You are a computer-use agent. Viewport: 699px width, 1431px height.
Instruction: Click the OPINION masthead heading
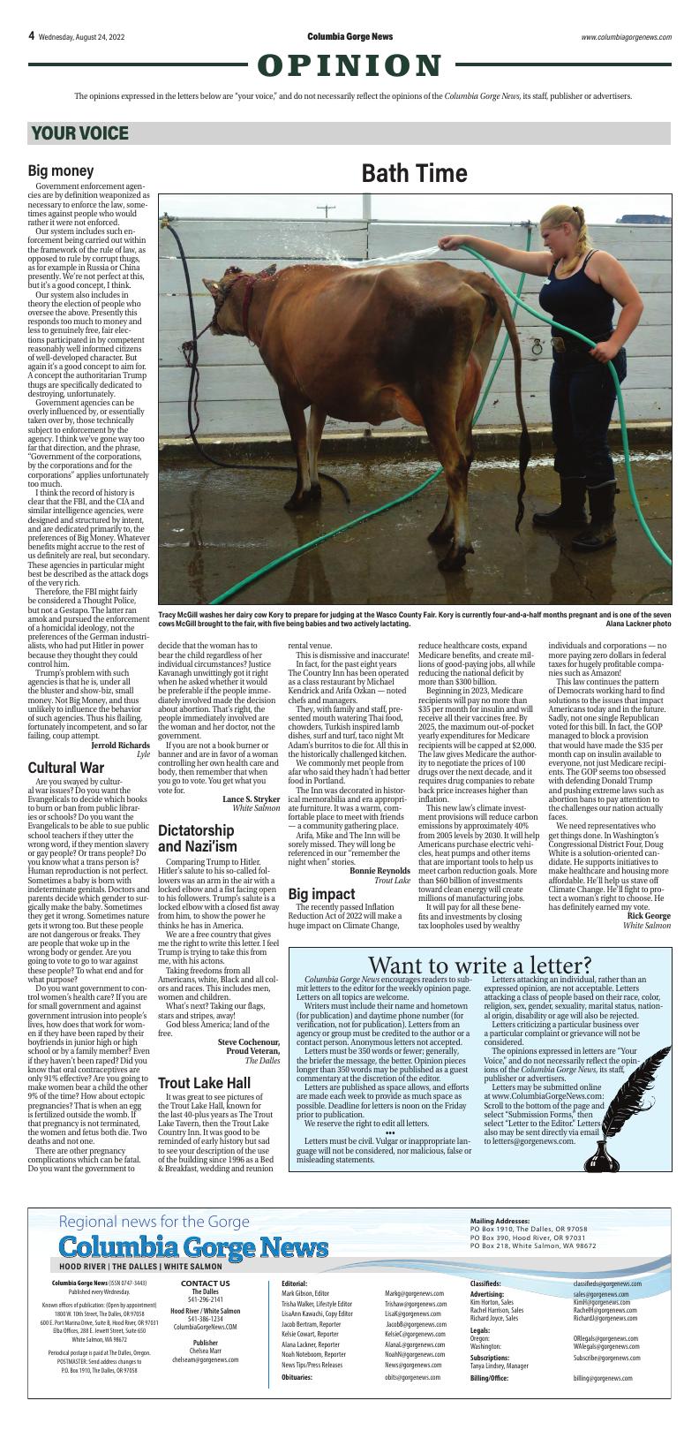pyautogui.click(x=349, y=65)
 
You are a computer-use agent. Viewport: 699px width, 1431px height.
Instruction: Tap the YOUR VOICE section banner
pyautogui.click(x=80, y=133)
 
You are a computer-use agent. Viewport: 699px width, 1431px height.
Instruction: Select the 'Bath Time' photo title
pyautogui.click(x=413, y=174)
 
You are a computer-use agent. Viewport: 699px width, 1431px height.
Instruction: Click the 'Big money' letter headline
pyautogui.click(x=61, y=170)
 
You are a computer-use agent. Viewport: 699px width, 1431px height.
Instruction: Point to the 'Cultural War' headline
pyautogui.click(x=66, y=768)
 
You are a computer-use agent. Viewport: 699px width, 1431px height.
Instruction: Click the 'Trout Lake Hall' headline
pyautogui.click(x=204, y=1083)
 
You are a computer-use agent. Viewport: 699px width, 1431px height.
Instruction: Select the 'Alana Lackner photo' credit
pyautogui.click(x=638, y=623)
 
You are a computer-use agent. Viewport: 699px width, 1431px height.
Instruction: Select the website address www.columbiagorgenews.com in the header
pyautogui.click(x=626, y=37)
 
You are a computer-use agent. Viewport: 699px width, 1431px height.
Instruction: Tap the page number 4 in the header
pyautogui.click(x=31, y=36)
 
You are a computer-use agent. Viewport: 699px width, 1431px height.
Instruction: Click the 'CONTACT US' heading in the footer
pyautogui.click(x=205, y=1283)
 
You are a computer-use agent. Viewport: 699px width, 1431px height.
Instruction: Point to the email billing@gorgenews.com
pyautogui.click(x=603, y=1378)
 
